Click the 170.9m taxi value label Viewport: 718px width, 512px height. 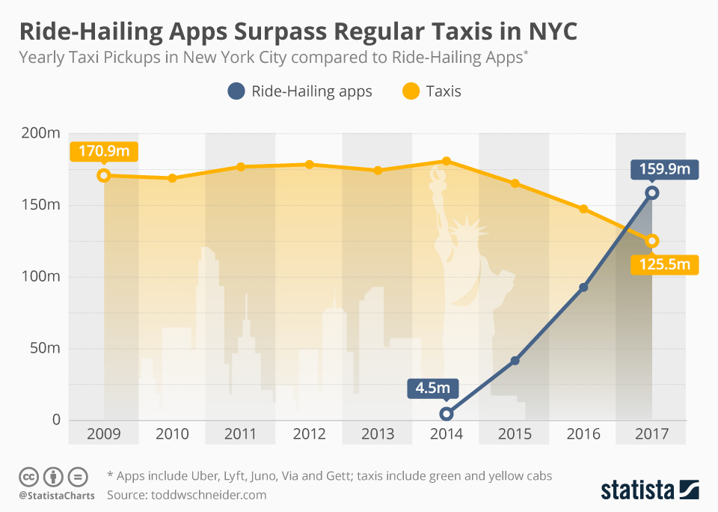point(103,152)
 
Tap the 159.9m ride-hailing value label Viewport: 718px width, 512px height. point(664,169)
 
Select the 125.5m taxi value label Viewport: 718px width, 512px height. point(664,265)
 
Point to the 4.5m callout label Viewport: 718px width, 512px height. point(433,388)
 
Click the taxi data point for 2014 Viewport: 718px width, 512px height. point(447,161)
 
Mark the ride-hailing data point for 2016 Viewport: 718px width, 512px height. point(583,287)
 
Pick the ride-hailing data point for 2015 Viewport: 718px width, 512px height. point(515,361)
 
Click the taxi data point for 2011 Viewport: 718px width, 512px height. point(241,167)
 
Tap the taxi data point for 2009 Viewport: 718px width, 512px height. point(104,176)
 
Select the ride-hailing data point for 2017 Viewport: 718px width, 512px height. point(652,193)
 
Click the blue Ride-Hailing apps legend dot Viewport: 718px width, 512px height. point(237,92)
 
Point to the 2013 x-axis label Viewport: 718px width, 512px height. point(378,434)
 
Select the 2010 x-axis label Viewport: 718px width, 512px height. point(172,434)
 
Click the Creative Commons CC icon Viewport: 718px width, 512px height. point(28,476)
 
